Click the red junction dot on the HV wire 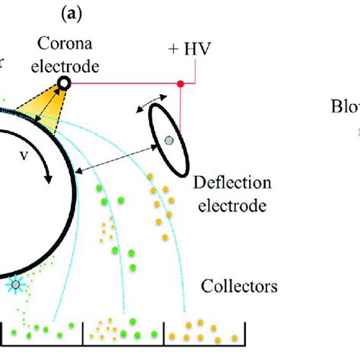(180, 83)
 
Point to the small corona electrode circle (64, 83)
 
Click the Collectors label (238, 286)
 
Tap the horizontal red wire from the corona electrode (122, 83)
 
